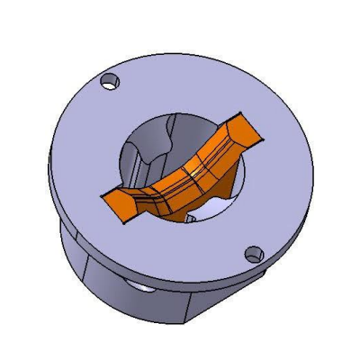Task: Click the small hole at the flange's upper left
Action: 111,81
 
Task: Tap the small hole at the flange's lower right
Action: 254,255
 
